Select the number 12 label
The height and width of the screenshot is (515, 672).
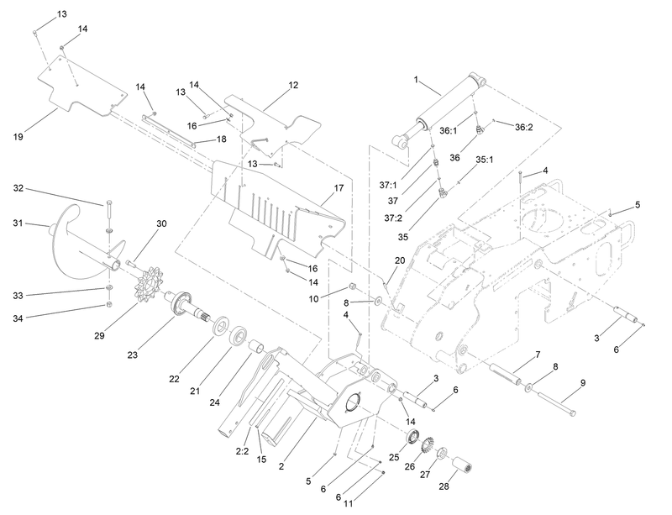293,85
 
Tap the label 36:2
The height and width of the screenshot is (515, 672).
523,127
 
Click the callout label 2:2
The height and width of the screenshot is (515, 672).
241,450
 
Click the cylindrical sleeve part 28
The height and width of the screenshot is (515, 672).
464,461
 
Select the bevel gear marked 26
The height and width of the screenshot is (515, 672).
427,443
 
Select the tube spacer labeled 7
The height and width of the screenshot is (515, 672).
507,371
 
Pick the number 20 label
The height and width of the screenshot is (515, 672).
400,260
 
